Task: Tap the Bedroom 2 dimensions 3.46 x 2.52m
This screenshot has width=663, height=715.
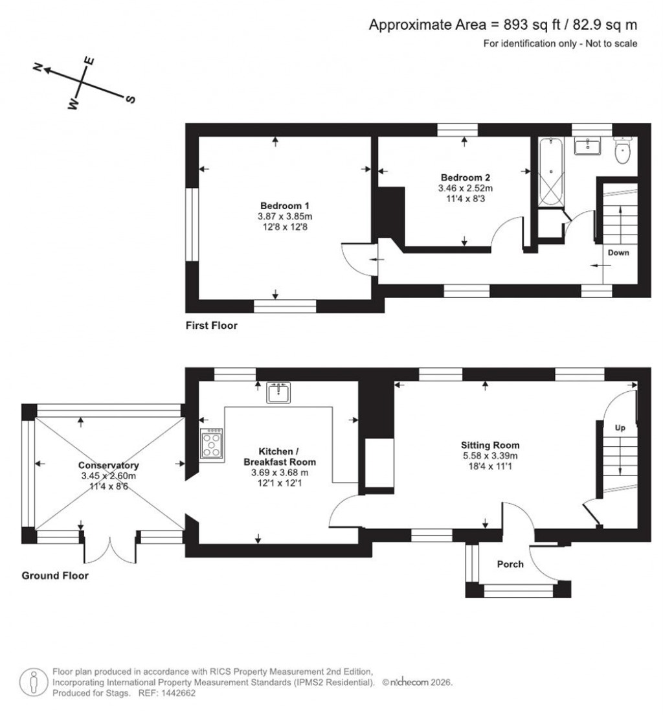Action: tap(465, 189)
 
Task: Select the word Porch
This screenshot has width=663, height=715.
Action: tap(510, 564)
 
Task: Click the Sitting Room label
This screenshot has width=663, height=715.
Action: tap(490, 445)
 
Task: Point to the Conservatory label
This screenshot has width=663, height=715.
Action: tap(109, 465)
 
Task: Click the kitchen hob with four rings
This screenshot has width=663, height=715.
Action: tap(212, 444)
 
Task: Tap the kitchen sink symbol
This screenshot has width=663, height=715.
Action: tap(280, 392)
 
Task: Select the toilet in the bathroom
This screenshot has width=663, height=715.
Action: tap(623, 153)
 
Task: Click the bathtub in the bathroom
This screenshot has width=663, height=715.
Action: tap(550, 173)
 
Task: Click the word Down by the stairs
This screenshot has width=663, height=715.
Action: tap(618, 253)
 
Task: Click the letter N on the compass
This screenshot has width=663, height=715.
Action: tap(39, 67)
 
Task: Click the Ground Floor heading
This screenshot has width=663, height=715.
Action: tap(55, 575)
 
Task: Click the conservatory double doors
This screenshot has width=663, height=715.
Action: tap(110, 548)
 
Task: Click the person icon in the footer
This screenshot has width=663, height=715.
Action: tap(32, 682)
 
